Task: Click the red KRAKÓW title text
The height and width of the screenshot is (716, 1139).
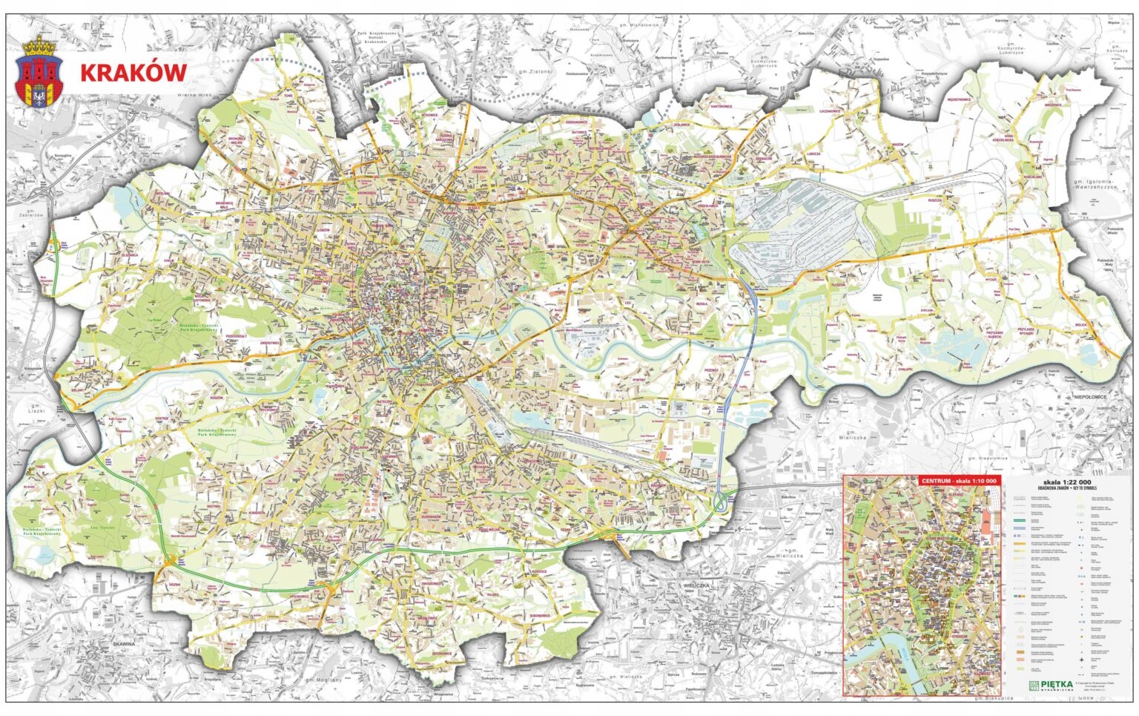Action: tap(133, 73)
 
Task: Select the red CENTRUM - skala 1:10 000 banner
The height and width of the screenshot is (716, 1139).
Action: tap(960, 481)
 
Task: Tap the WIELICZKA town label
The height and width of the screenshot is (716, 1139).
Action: tap(699, 585)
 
